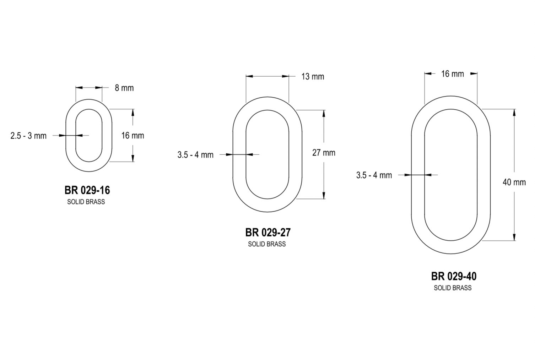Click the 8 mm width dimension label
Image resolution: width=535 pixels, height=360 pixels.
pos(124,88)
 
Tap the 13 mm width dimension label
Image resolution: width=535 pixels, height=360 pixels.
pos(313,77)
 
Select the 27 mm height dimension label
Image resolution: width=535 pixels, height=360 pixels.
pos(324,153)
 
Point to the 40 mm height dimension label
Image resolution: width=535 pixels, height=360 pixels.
pos(514,182)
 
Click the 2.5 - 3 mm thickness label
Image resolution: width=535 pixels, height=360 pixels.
pos(28,136)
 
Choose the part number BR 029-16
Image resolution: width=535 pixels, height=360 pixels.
pos(87,190)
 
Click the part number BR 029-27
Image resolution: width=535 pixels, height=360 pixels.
pos(268,233)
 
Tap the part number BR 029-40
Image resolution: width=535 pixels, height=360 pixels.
pos(454,277)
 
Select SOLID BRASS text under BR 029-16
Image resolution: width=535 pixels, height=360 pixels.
pos(86,202)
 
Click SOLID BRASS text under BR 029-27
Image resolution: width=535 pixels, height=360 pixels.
pos(267,244)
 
